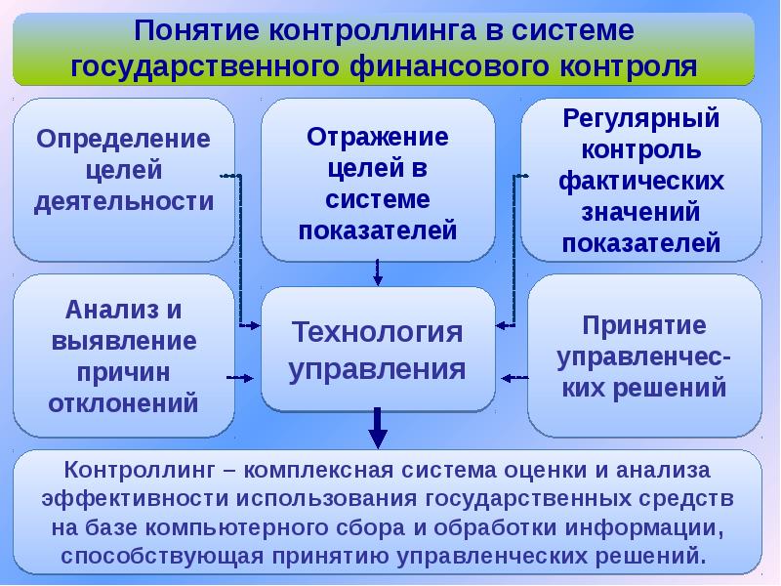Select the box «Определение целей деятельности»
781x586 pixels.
click(x=123, y=180)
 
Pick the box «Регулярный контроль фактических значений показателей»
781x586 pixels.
click(x=640, y=180)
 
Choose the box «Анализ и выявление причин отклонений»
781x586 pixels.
click(x=123, y=355)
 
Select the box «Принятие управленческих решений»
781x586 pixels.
click(x=642, y=355)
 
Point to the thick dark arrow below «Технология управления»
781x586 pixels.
click(x=378, y=429)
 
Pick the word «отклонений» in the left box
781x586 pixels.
click(x=123, y=401)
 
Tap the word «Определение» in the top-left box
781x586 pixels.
click(x=123, y=138)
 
